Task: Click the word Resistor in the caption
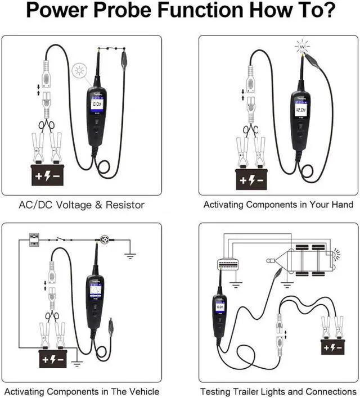(x=123, y=205)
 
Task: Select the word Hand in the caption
(x=341, y=205)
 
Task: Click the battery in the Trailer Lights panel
(x=332, y=347)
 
